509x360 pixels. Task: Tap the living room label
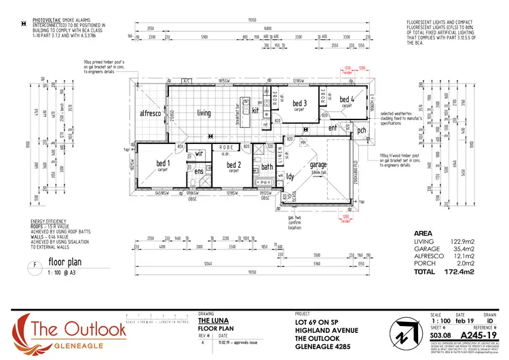pyautogui.click(x=204, y=113)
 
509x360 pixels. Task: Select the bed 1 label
pyautogui.click(x=164, y=164)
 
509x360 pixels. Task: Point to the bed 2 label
pyautogui.click(x=233, y=164)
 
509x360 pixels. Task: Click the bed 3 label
pyautogui.click(x=300, y=103)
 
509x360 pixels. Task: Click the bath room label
pyautogui.click(x=267, y=166)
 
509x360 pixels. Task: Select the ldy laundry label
pyautogui.click(x=290, y=177)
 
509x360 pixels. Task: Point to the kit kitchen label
pyautogui.click(x=256, y=110)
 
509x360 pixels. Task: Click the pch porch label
pyautogui.click(x=362, y=130)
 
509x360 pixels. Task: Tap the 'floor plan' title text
pyautogui.click(x=64, y=260)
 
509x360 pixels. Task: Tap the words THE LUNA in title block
pyautogui.click(x=212, y=320)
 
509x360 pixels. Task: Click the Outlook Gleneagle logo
pyautogui.click(x=68, y=331)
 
